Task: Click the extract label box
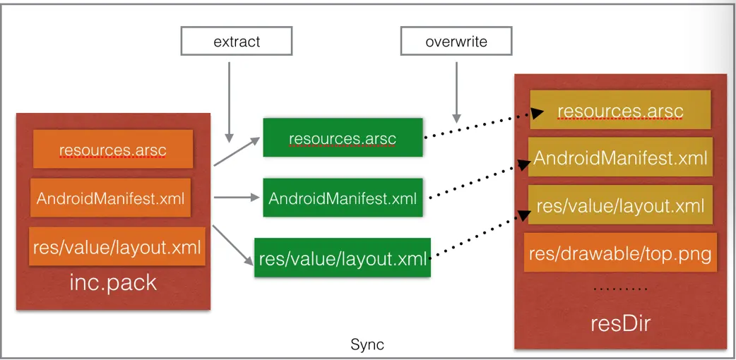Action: pyautogui.click(x=237, y=41)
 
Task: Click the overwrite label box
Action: pyautogui.click(x=456, y=41)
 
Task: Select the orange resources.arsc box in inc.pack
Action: pyautogui.click(x=112, y=149)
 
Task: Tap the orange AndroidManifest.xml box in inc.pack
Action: pyautogui.click(x=110, y=198)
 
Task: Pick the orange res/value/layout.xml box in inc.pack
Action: pyautogui.click(x=117, y=246)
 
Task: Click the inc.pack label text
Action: pyautogui.click(x=113, y=283)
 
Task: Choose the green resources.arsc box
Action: pyautogui.click(x=343, y=138)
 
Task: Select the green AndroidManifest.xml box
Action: pyautogui.click(x=343, y=198)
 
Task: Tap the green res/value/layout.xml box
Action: pyautogui.click(x=343, y=258)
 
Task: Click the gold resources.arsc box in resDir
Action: pyautogui.click(x=620, y=110)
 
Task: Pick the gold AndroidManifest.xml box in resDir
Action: pyautogui.click(x=620, y=157)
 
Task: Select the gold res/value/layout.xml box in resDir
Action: pyautogui.click(x=620, y=205)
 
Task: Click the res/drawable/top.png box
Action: pyautogui.click(x=620, y=253)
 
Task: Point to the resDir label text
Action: pyautogui.click(x=620, y=324)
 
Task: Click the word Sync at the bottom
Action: pyautogui.click(x=367, y=345)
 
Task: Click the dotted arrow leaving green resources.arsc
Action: pyautogui.click(x=483, y=124)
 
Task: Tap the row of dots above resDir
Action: pyautogui.click(x=621, y=289)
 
